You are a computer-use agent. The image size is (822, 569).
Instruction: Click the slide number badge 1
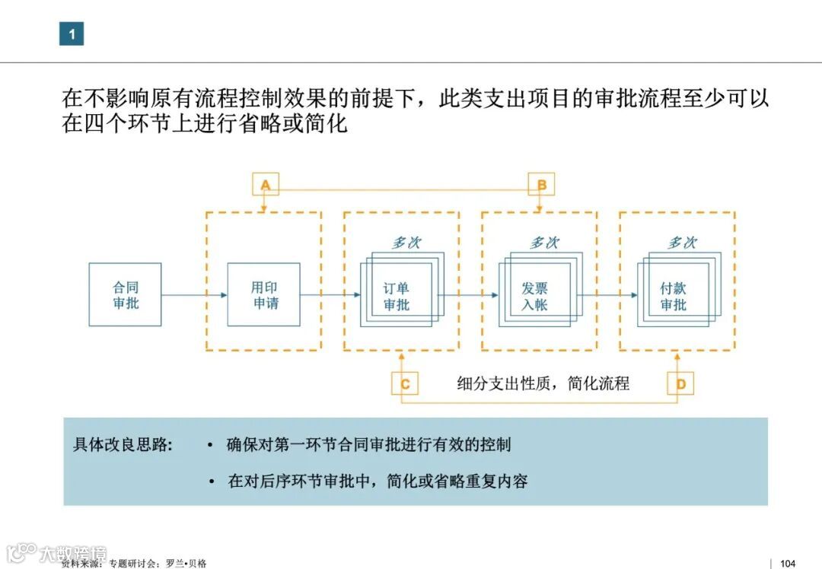tap(72, 33)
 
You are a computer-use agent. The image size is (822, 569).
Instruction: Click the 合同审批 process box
tap(126, 295)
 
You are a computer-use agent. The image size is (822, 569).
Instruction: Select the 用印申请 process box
tap(264, 295)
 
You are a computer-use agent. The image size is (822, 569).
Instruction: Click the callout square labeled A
tap(266, 185)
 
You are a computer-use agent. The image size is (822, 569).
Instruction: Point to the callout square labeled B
tap(541, 185)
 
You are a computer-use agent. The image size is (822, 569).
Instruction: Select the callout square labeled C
tap(405, 383)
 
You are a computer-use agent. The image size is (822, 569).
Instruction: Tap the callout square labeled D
tap(680, 383)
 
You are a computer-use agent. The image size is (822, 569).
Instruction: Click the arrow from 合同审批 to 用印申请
tap(194, 295)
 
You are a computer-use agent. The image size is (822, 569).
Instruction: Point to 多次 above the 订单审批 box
tap(406, 243)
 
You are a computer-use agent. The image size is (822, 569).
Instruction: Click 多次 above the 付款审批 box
tap(682, 243)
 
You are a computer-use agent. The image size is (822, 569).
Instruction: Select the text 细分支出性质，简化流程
tap(543, 383)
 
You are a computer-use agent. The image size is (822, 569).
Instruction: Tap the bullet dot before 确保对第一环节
tap(210, 445)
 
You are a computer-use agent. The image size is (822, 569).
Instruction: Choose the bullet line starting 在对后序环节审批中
tap(378, 481)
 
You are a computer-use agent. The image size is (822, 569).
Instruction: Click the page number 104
tap(788, 563)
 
